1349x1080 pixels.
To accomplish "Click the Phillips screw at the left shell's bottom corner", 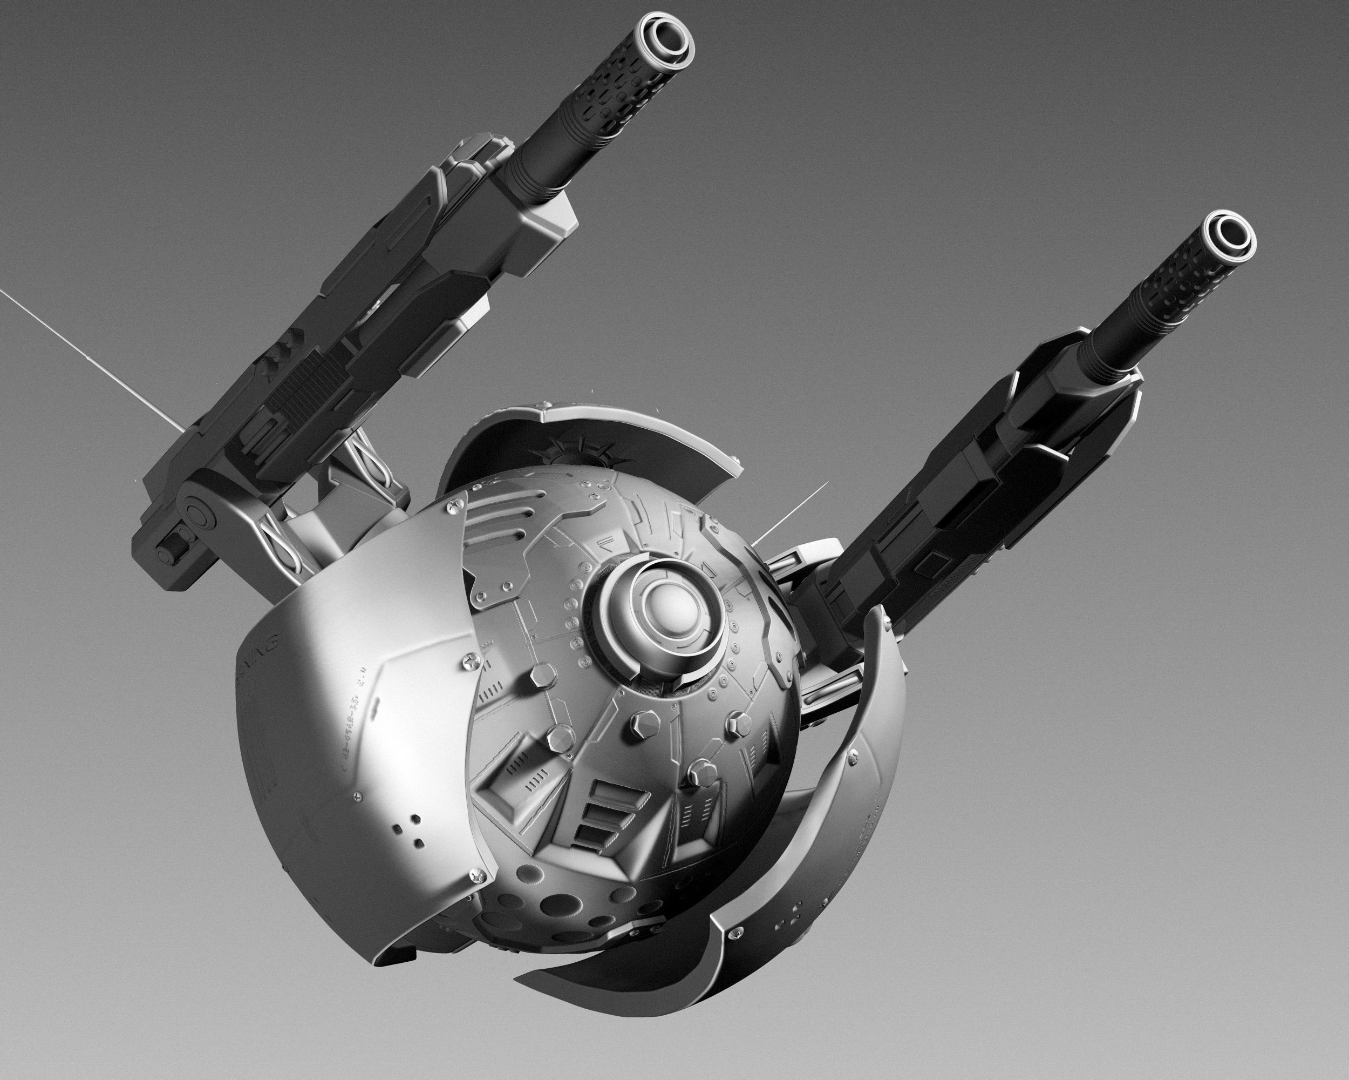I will click(481, 872).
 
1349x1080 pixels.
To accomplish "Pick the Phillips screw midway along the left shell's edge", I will click(471, 659).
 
